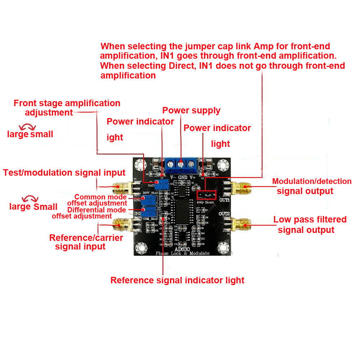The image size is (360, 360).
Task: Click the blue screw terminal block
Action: point(181,165)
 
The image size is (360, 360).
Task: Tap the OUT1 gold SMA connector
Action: point(240,187)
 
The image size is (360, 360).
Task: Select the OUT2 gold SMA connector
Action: point(240,225)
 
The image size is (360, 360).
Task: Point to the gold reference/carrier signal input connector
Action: point(120,226)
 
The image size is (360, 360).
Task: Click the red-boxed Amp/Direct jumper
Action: point(206,195)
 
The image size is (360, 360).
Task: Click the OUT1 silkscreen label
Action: point(224,199)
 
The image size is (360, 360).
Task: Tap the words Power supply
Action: point(191,111)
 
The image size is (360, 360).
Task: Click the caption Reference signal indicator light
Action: point(177,280)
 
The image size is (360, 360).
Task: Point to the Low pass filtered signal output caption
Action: point(310,225)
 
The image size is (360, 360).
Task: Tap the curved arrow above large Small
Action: point(30,199)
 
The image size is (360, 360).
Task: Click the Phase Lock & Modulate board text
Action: point(182,253)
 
